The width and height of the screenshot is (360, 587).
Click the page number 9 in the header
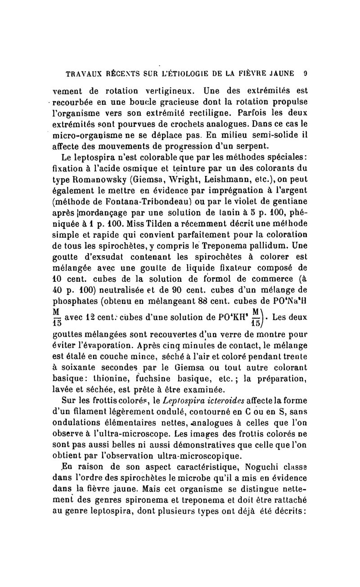(305, 72)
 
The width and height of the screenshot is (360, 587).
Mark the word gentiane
(288, 203)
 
